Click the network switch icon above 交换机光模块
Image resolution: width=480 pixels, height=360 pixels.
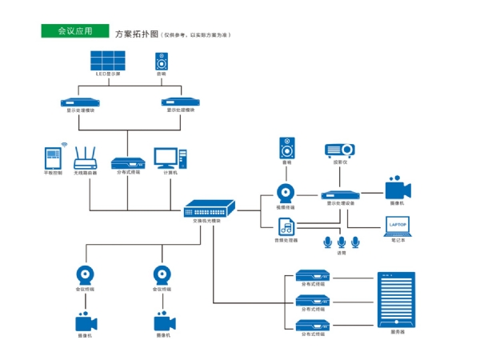(x=210, y=207)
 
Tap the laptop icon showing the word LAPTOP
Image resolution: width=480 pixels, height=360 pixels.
(x=398, y=226)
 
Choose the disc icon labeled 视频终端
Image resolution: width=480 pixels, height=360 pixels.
(x=286, y=193)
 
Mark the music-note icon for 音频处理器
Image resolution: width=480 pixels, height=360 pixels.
(x=286, y=226)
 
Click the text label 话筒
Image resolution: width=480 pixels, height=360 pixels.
(x=342, y=254)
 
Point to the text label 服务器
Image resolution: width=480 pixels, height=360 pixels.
(x=397, y=332)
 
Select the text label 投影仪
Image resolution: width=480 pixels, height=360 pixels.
(x=339, y=162)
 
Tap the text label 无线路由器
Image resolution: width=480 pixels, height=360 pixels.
(x=85, y=173)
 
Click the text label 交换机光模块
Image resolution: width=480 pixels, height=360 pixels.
(x=207, y=220)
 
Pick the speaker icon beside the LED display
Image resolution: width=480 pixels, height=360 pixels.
(x=162, y=62)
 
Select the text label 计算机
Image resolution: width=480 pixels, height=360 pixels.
(x=170, y=172)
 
